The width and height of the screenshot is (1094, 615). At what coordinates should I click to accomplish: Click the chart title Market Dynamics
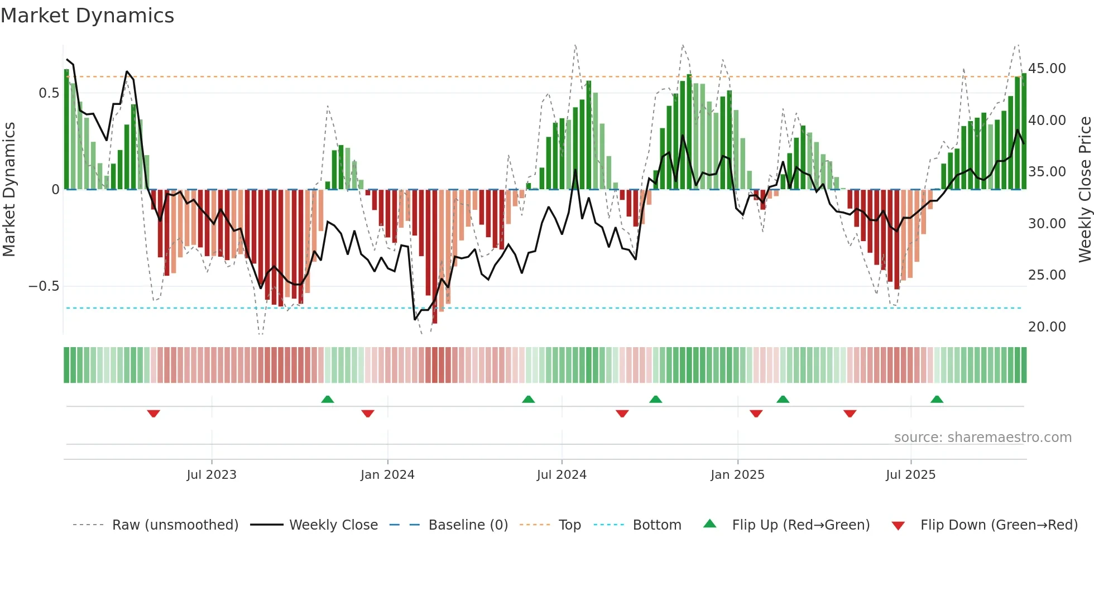pos(87,16)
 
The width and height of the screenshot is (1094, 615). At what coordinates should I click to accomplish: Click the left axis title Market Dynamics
pos(9,189)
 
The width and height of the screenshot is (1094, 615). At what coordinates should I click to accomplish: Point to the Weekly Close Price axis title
pos(1085,189)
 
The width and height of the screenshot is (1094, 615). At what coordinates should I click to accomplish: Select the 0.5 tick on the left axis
pos(49,93)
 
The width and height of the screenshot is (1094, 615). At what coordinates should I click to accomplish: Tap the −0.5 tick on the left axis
pos(44,286)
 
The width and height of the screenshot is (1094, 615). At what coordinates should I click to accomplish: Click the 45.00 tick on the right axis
pos(1047,69)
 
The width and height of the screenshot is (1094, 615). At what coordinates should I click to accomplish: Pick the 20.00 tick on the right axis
pos(1047,327)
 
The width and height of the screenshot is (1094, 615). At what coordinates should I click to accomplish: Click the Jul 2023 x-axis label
pos(212,475)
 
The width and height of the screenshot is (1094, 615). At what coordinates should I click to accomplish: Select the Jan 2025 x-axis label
pos(737,475)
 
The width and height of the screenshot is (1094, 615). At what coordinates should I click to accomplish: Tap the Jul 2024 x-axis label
pos(562,475)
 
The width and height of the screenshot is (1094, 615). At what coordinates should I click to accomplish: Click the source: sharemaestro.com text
pos(982,438)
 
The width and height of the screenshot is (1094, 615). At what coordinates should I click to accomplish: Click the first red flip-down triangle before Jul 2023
pos(153,414)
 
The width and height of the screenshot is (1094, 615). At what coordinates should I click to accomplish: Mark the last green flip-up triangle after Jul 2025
pos(937,400)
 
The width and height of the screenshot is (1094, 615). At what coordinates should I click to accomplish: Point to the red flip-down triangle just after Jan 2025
pos(756,414)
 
